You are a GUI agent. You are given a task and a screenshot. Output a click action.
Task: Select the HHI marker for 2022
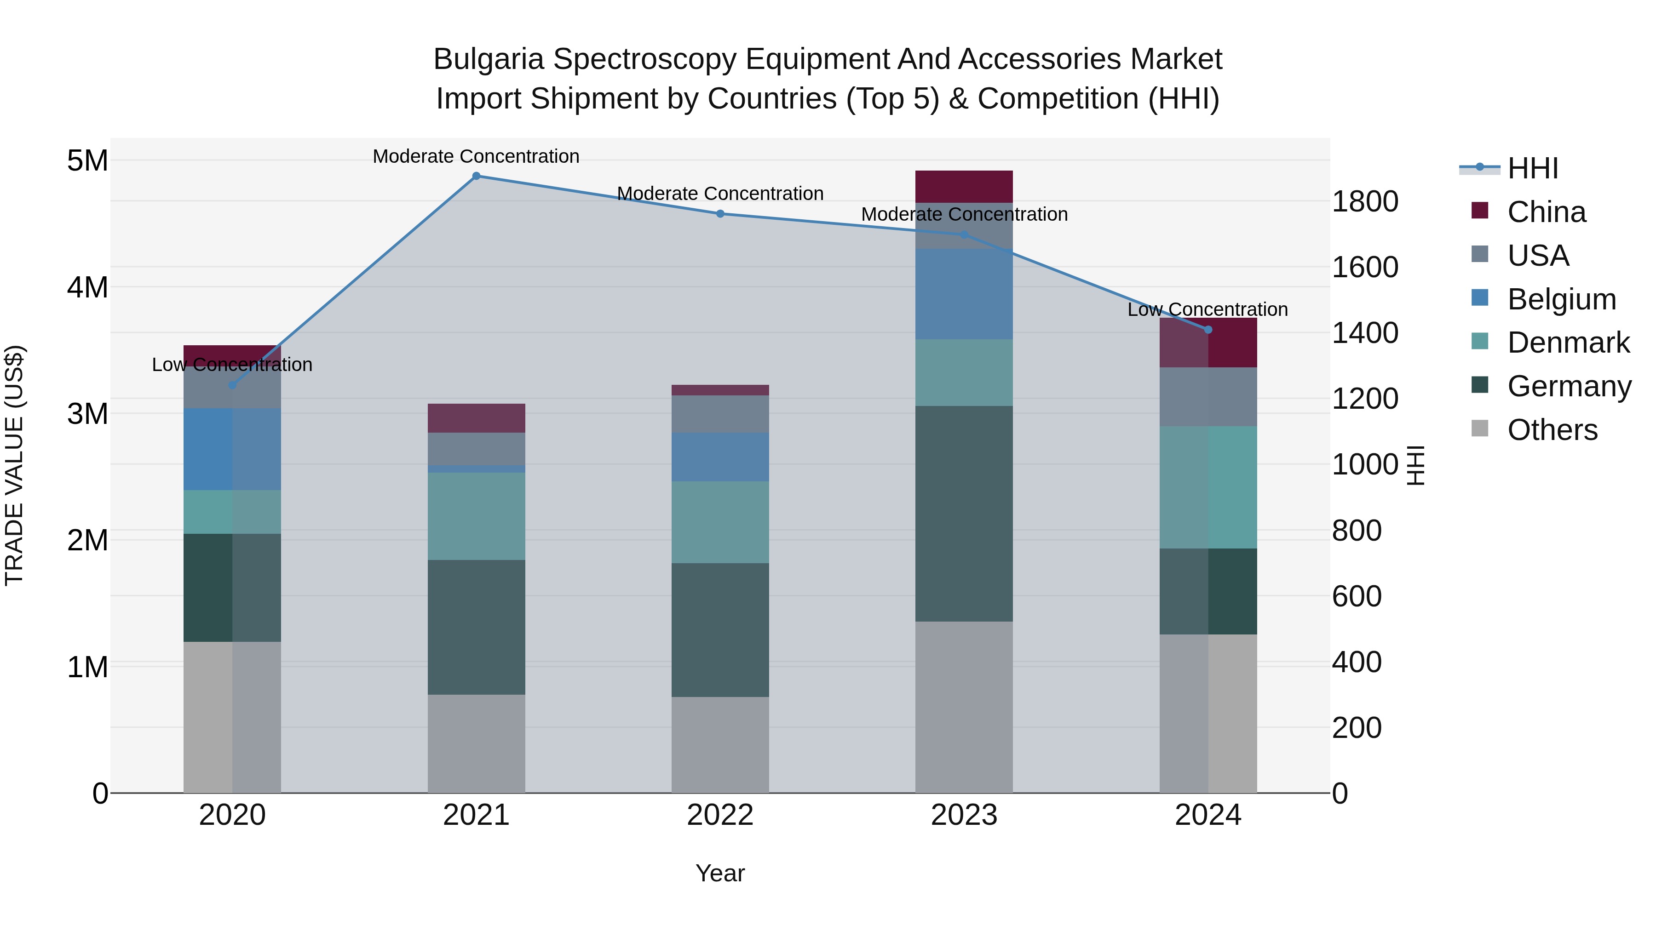(720, 214)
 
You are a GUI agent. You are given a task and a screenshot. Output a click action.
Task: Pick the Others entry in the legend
(1552, 430)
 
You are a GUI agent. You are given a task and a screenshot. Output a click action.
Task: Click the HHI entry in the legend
(1533, 168)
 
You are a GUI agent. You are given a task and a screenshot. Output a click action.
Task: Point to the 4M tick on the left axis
(87, 287)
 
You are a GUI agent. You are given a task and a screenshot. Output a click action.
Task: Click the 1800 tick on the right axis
(1364, 202)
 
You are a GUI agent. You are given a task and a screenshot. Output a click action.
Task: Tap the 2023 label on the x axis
(964, 815)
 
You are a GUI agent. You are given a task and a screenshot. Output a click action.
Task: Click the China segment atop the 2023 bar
(964, 186)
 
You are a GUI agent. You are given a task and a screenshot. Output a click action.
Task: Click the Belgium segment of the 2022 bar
(720, 457)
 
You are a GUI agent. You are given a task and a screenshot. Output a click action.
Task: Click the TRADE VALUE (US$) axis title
(14, 465)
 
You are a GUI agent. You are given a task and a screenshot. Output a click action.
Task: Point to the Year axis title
(720, 873)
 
